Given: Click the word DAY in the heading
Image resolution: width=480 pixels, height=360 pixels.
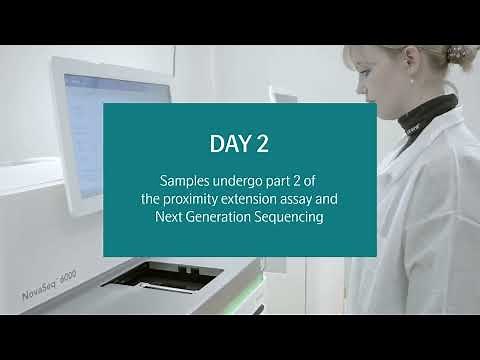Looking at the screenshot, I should [228, 144].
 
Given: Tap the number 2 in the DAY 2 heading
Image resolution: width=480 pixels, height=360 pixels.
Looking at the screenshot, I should [262, 144].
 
